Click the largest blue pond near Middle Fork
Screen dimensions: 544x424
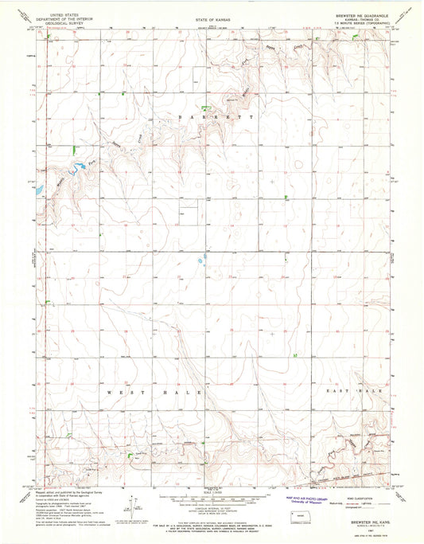tap(80, 168)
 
